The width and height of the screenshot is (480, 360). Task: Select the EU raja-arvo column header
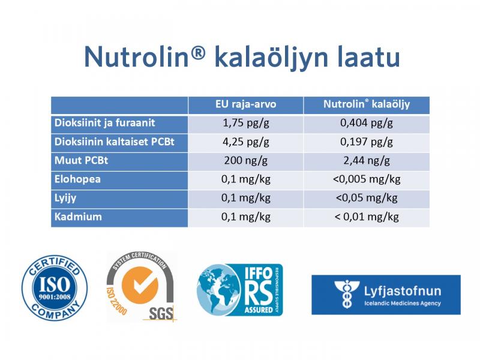pyautogui.click(x=245, y=104)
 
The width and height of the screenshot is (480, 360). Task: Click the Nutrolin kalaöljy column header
pyautogui.click(x=367, y=104)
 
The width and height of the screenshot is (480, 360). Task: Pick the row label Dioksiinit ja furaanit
pyautogui.click(x=105, y=123)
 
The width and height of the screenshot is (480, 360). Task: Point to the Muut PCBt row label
pyautogui.click(x=79, y=160)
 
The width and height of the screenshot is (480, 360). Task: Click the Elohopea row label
pyautogui.click(x=76, y=179)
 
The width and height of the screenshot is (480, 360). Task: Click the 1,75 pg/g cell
pyautogui.click(x=245, y=124)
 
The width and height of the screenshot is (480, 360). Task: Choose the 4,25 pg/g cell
pyautogui.click(x=245, y=142)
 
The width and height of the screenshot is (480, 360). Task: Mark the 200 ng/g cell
pyautogui.click(x=245, y=161)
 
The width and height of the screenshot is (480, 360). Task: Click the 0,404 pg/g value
pyautogui.click(x=367, y=124)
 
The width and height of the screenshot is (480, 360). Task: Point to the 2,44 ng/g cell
pyautogui.click(x=367, y=161)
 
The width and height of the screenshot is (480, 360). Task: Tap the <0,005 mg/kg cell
pyautogui.click(x=367, y=179)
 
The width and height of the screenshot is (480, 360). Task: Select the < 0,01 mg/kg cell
pyautogui.click(x=367, y=217)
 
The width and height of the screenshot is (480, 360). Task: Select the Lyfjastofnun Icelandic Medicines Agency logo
pyautogui.click(x=386, y=295)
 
